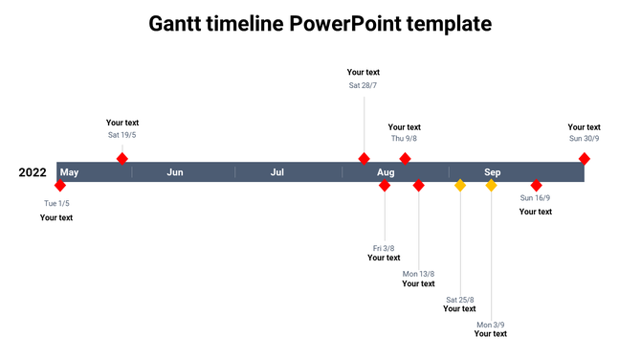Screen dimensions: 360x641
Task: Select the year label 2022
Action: pos(33,172)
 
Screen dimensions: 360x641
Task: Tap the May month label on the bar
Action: pos(69,172)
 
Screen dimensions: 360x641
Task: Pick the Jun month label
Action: pos(175,172)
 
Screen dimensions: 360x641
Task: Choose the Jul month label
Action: pos(277,172)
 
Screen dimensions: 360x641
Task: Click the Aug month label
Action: pos(386,172)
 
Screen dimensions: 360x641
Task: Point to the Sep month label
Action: pos(492,172)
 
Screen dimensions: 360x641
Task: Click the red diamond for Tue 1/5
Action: pos(60,186)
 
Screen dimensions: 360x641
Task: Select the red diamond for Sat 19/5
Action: pos(122,158)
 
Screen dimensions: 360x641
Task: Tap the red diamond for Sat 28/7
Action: pos(364,158)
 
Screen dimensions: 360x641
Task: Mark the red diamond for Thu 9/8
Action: pos(405,158)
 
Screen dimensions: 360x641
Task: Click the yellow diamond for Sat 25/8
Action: pos(460,186)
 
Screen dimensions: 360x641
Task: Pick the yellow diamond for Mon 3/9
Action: pos(491,186)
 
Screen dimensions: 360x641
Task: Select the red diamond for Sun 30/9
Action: pos(584,158)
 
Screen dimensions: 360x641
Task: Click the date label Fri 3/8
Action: pos(384,248)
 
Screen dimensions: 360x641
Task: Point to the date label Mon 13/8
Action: pos(418,274)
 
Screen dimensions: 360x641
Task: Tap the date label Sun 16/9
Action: pos(535,198)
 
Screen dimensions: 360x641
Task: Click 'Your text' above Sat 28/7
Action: pos(364,72)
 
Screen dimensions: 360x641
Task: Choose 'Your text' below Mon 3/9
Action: pos(491,334)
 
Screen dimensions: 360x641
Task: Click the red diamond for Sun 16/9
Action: pos(536,186)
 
